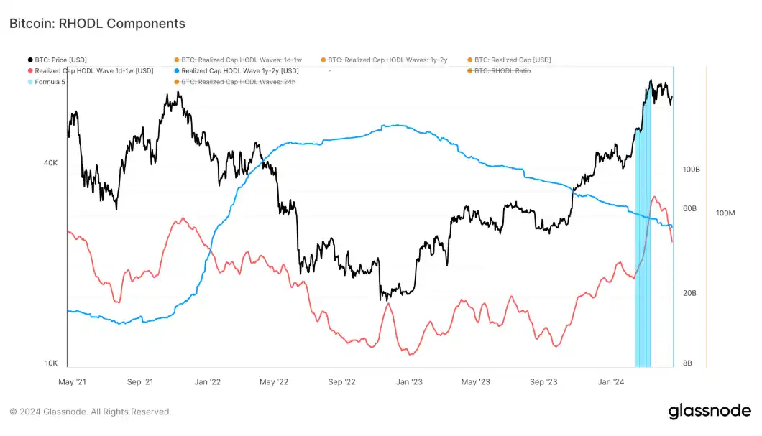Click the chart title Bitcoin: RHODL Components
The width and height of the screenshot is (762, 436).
[x=97, y=24]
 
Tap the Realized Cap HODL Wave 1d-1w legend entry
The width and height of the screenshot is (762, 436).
[x=93, y=71]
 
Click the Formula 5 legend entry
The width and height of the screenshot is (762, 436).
[x=50, y=82]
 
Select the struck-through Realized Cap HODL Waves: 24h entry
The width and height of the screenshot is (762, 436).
[x=238, y=82]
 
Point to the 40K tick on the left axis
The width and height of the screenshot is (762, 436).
[x=50, y=163]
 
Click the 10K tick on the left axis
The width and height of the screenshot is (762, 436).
[x=50, y=363]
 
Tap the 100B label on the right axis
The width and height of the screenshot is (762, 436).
[x=691, y=170]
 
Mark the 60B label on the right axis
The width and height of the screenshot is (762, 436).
[x=689, y=208]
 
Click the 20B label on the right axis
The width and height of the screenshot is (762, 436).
[x=689, y=293]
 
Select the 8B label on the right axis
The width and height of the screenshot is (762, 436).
[x=687, y=363]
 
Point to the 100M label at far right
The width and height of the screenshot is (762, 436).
[x=726, y=213]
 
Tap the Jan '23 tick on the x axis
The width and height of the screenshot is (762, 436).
[x=409, y=382]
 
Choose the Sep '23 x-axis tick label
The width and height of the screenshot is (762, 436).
[x=543, y=382]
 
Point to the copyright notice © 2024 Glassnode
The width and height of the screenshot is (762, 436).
[x=90, y=412]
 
